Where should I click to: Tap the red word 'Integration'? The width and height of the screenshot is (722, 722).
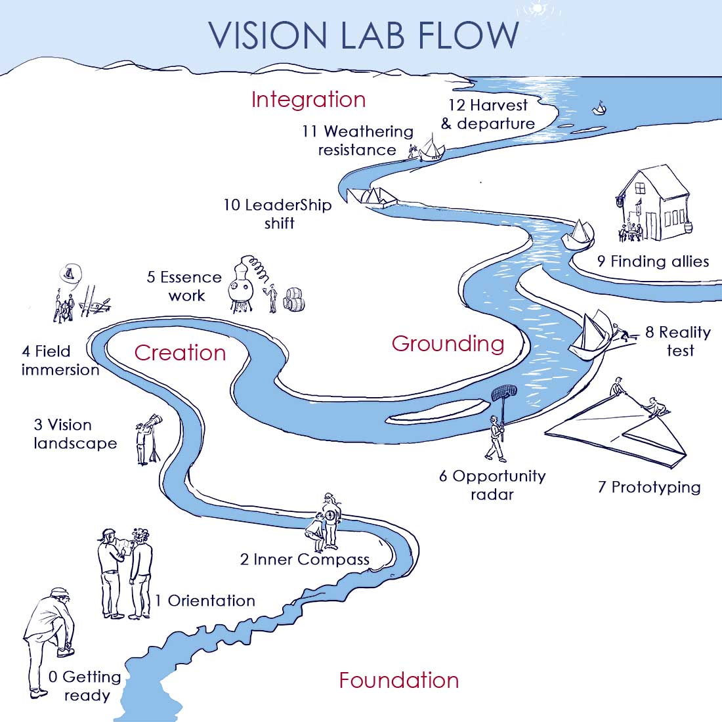tap(308, 100)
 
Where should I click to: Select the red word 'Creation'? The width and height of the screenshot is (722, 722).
tap(180, 352)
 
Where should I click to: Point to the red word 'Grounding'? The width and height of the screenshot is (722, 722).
tap(448, 344)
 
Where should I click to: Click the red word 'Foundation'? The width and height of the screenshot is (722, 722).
tap(399, 680)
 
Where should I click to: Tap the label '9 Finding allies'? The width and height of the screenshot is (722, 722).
tap(653, 261)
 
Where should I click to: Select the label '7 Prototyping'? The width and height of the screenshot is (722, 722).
tap(649, 487)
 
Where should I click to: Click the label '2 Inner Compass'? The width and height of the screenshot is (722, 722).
tap(305, 559)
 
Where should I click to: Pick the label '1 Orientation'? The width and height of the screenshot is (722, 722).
tap(205, 601)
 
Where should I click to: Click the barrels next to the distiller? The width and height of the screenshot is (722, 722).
tap(294, 299)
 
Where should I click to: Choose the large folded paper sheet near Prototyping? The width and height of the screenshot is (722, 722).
tap(616, 431)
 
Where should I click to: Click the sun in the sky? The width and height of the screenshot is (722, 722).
tap(537, 8)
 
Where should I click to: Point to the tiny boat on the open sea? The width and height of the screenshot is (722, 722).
tap(599, 109)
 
